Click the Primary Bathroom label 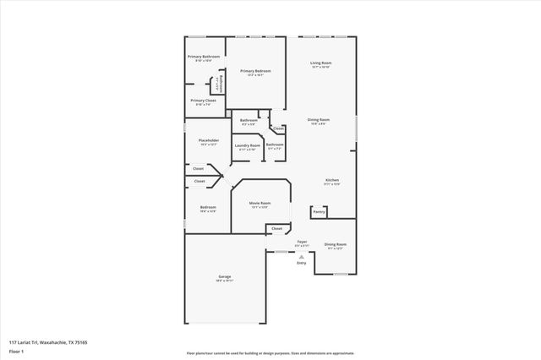pyautogui.click(x=203, y=57)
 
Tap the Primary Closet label pyautogui.click(x=203, y=101)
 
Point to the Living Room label pyautogui.click(x=320, y=63)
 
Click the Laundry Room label pyautogui.click(x=248, y=145)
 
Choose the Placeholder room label pyautogui.click(x=209, y=140)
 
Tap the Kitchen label pyautogui.click(x=332, y=181)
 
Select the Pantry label pyautogui.click(x=319, y=212)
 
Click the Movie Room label pyautogui.click(x=260, y=204)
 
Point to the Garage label pyautogui.click(x=225, y=276)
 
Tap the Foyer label pyautogui.click(x=302, y=243)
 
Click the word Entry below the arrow pyautogui.click(x=302, y=263)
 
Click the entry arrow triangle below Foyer pyautogui.click(x=302, y=255)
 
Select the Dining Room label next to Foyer pyautogui.click(x=336, y=244)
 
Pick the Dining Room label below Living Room pyautogui.click(x=319, y=120)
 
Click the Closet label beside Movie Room pyautogui.click(x=276, y=228)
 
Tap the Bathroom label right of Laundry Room pyautogui.click(x=275, y=145)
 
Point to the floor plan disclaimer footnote pyautogui.click(x=270, y=353)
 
